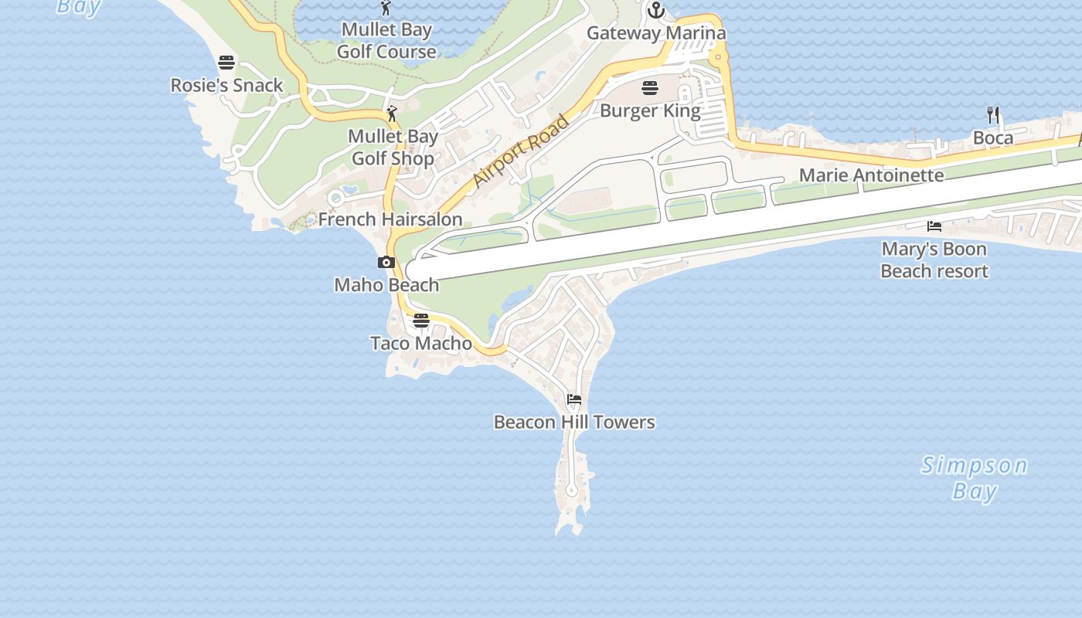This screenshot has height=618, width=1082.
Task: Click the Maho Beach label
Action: coord(386,285)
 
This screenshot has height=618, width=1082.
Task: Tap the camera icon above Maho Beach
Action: coord(386,263)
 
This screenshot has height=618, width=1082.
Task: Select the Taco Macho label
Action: coord(421,343)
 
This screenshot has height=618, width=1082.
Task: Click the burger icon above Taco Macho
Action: coord(421,321)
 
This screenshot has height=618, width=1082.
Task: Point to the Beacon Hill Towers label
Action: coord(574,422)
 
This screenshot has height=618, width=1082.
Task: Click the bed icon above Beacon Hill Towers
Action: coord(574,399)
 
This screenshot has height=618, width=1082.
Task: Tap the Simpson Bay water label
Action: coord(974,477)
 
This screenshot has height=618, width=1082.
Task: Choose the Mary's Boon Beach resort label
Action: coord(934,260)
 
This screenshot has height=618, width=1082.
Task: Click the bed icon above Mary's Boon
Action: coord(934,226)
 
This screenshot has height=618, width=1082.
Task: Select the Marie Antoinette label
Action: coord(871,175)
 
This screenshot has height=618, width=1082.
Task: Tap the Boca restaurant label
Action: coord(993,138)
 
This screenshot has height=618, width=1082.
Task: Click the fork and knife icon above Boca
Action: coord(993,115)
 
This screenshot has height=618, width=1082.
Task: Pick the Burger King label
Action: coord(650,110)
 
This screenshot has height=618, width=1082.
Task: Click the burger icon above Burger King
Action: coord(649,87)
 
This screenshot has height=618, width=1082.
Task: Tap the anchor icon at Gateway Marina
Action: coord(656,10)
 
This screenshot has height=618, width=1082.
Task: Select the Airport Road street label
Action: coord(521,151)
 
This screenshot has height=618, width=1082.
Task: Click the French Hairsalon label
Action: coord(390,219)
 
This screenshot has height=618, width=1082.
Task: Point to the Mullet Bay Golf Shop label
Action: coord(393,147)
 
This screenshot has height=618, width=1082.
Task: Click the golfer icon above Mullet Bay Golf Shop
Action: coord(393,114)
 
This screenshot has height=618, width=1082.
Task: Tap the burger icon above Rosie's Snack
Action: coord(226,62)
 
